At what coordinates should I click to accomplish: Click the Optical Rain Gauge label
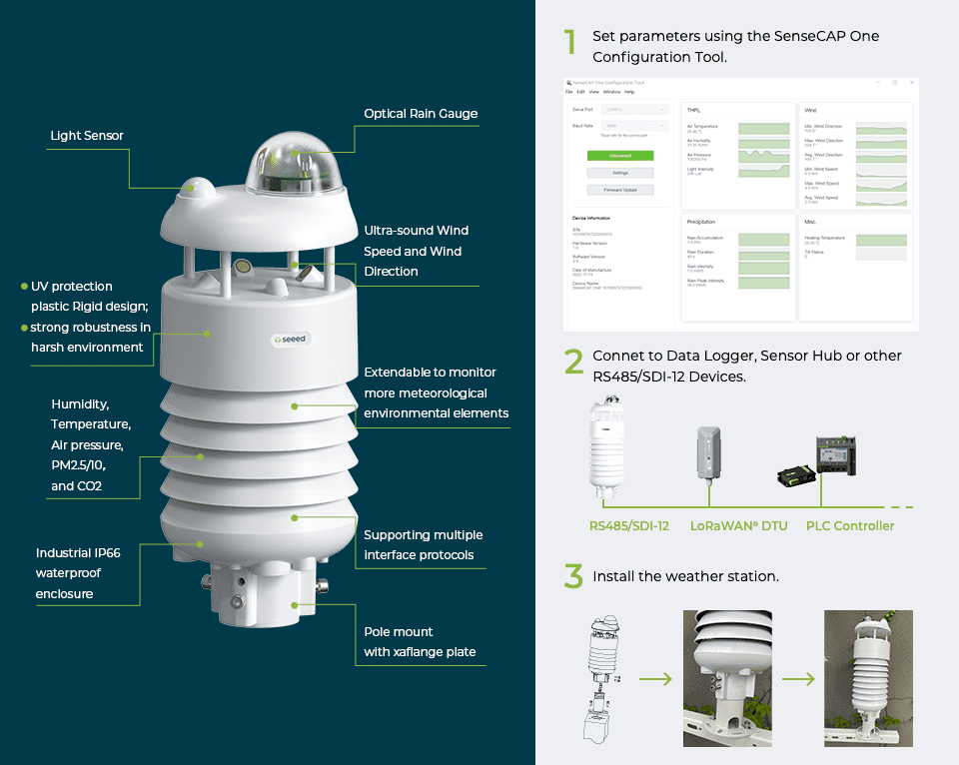[421, 114]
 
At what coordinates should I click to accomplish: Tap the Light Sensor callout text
[87, 136]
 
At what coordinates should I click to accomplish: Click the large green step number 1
[570, 43]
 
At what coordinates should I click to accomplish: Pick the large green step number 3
[572, 576]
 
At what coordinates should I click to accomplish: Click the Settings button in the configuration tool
[619, 173]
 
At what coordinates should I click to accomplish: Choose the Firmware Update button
[619, 190]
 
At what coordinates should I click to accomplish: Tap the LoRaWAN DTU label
[738, 526]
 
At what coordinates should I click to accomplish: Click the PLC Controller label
[850, 526]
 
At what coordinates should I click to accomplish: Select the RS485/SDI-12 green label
[629, 526]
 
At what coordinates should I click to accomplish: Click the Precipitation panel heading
[701, 221]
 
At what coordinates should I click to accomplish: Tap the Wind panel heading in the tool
[810, 110]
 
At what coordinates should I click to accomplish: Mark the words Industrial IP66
[78, 552]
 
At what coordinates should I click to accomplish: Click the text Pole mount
[399, 631]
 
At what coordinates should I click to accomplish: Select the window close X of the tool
[910, 83]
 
